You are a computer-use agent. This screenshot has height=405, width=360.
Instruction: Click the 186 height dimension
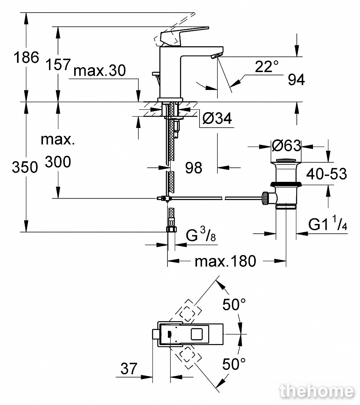[x=27, y=58]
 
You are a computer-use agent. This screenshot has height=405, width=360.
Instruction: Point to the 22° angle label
[x=267, y=66]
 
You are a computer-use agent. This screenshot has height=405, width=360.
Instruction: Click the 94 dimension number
[x=296, y=80]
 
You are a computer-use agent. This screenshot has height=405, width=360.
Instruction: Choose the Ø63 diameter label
[x=286, y=145]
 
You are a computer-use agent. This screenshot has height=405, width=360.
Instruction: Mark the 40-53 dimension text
[x=327, y=174]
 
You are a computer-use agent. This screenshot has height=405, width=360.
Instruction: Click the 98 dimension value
[x=193, y=167]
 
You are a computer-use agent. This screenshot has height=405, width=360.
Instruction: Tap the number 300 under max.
[x=58, y=162]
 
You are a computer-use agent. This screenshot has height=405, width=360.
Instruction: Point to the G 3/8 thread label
[x=201, y=236]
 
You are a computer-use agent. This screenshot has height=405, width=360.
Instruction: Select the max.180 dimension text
[x=225, y=261]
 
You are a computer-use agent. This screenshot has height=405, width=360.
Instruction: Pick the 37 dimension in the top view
[x=129, y=369]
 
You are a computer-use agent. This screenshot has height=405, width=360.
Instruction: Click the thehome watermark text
[x=316, y=391]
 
